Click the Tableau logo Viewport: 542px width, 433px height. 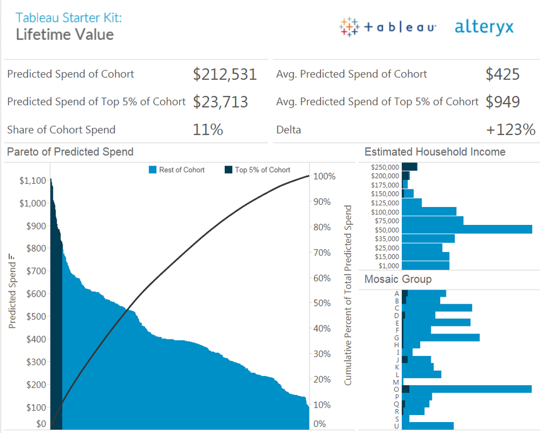click(x=387, y=27)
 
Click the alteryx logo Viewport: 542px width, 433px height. click(x=484, y=27)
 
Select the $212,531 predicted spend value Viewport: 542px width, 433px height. click(x=224, y=74)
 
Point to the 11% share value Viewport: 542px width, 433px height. click(x=207, y=130)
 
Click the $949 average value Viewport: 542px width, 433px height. click(x=502, y=102)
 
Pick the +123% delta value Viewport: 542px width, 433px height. click(x=511, y=130)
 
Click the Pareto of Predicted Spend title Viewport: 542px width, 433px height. click(x=70, y=152)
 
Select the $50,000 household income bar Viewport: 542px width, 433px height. click(x=467, y=229)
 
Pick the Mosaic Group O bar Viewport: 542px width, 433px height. click(x=467, y=389)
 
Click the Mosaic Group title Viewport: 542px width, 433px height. click(x=398, y=279)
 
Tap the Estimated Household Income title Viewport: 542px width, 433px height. click(x=434, y=152)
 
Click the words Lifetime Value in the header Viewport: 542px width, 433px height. click(x=65, y=35)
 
